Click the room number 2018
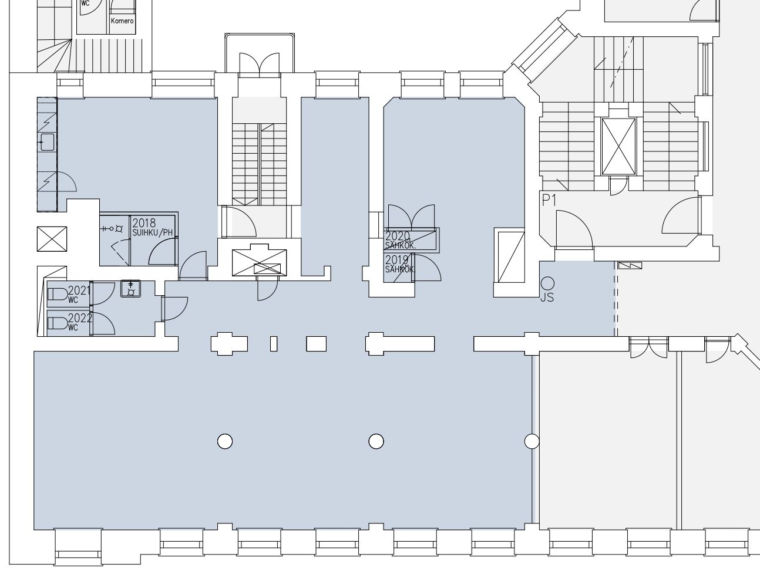tap(144, 223)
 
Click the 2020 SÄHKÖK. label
tap(400, 240)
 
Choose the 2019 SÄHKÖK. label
tap(399, 264)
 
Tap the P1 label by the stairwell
tap(549, 201)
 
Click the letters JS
tap(547, 298)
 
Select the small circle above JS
tap(547, 283)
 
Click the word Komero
tap(122, 21)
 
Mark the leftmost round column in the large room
tap(225, 441)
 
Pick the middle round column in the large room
tap(376, 441)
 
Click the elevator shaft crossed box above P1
tap(619, 147)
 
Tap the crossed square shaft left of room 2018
tap(52, 239)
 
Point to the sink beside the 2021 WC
tap(130, 289)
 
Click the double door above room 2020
tap(411, 217)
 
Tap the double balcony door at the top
tap(259, 64)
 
